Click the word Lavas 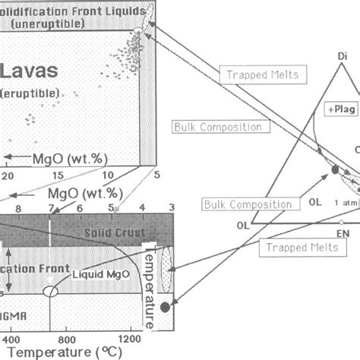37,72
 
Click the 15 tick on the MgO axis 57,174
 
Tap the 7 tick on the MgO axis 52,207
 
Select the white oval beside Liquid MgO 52,291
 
